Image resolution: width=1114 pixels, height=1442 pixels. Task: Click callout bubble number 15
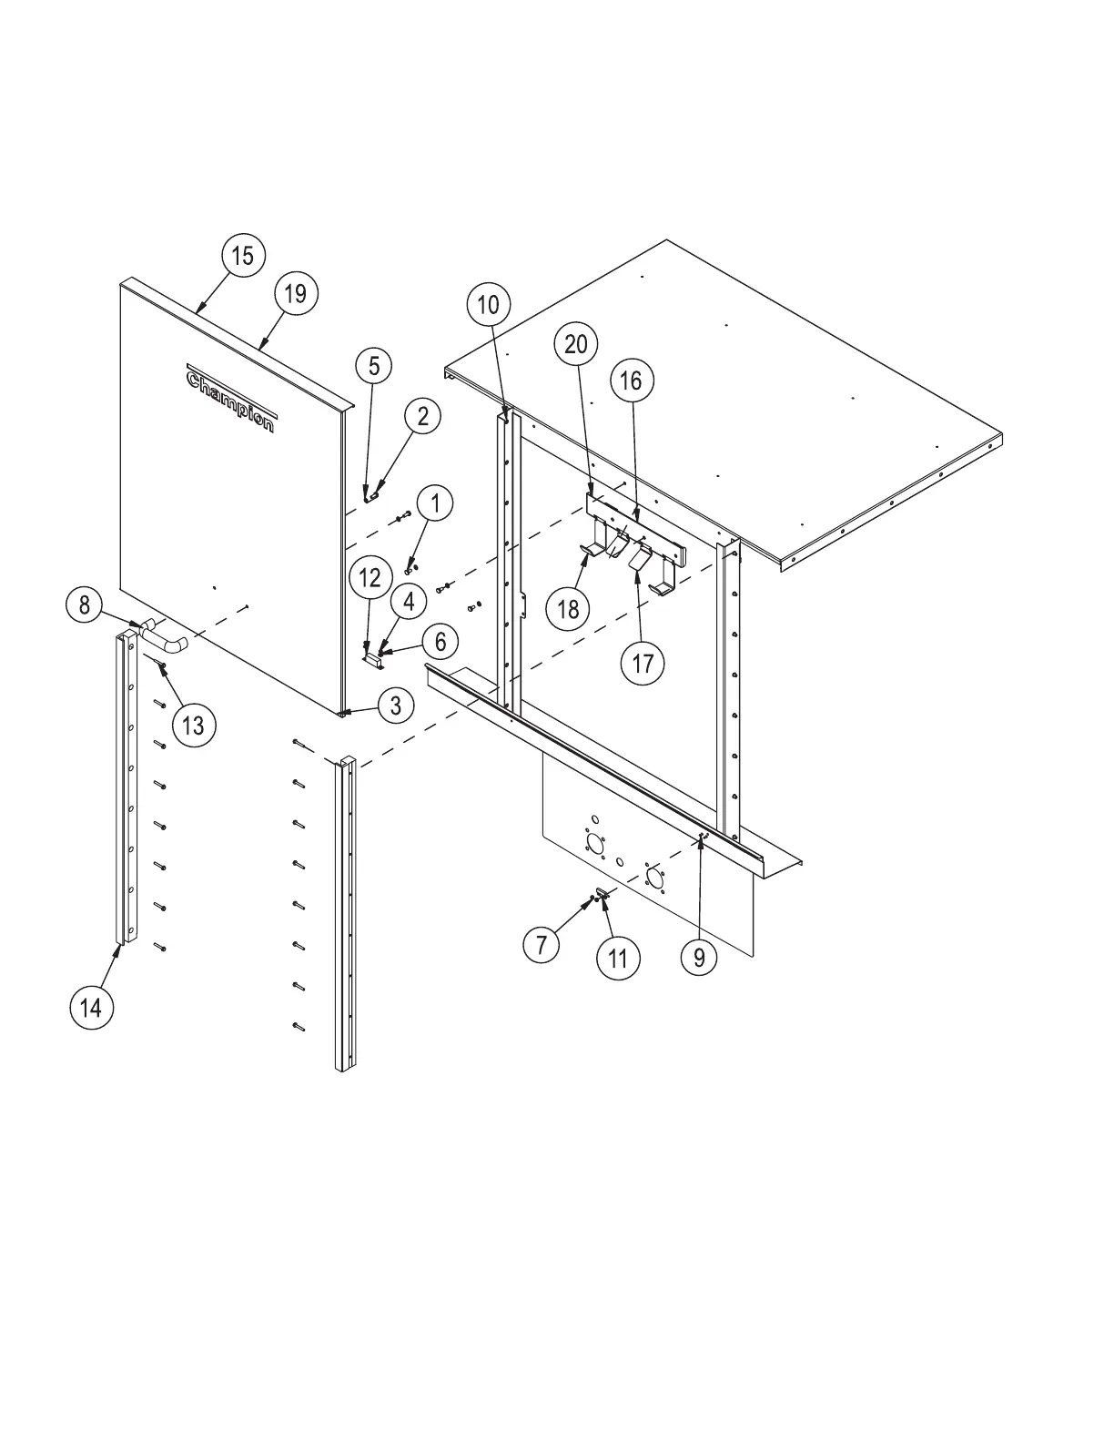pos(242,256)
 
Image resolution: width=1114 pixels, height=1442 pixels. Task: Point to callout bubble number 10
pos(489,305)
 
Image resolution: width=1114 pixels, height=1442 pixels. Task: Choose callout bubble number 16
pos(632,381)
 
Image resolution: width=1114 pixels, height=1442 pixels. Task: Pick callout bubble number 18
pos(569,609)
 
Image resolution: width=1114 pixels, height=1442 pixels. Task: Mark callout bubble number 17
pos(643,664)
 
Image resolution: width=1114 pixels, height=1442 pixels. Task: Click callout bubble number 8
pos(85,604)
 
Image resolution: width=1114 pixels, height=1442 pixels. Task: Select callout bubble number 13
pos(193,726)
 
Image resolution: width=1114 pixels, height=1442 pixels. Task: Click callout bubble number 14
pos(91,1007)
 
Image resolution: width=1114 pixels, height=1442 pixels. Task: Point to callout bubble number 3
pos(396,706)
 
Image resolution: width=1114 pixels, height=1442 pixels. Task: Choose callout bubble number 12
pos(370,577)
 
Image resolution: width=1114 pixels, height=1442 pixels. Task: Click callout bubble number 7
pos(542,945)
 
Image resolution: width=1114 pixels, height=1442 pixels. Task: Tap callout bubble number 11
pos(618,958)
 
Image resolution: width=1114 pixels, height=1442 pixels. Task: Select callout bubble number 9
pos(699,958)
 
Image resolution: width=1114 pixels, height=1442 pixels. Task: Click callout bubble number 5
pos(373,366)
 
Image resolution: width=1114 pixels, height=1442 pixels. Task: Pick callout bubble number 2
pos(422,417)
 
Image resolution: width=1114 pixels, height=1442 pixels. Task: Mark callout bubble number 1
pos(436,503)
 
